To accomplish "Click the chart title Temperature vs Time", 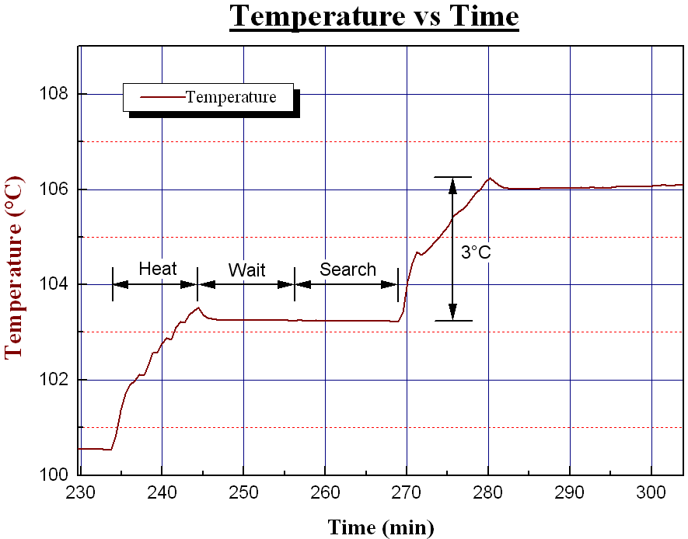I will click(374, 16).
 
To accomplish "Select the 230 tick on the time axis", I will click(80, 492).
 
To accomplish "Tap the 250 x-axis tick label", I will click(243, 492).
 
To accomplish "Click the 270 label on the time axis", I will click(407, 492).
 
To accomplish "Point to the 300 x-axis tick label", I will click(651, 492).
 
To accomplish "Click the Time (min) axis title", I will click(380, 527).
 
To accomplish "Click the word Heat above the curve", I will click(158, 269).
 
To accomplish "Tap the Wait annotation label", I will click(246, 270).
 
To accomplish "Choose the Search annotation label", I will click(347, 269).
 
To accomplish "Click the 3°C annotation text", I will click(476, 253).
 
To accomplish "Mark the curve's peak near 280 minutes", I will click(489, 178).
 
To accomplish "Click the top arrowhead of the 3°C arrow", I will click(452, 183).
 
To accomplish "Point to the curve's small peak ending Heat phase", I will click(198, 308).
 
